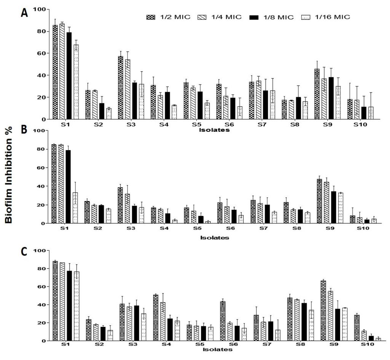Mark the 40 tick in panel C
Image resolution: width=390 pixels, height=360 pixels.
(41, 305)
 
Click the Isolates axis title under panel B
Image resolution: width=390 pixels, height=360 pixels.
(215, 238)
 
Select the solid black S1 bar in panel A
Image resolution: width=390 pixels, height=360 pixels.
(69, 76)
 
